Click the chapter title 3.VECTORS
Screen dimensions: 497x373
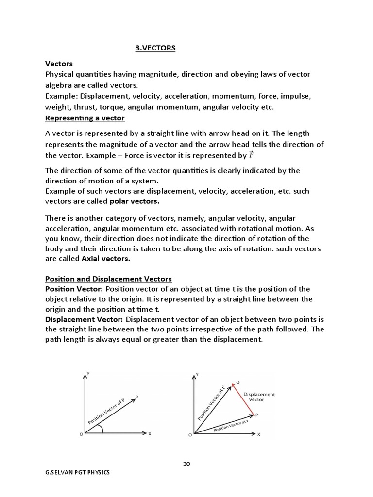tap(154, 49)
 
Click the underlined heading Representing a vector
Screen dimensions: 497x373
tap(85, 118)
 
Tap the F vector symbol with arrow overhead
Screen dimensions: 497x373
tap(251, 155)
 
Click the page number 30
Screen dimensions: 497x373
tap(186, 464)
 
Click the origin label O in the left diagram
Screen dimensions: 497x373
tap(80, 435)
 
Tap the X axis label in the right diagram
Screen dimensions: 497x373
tap(259, 434)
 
